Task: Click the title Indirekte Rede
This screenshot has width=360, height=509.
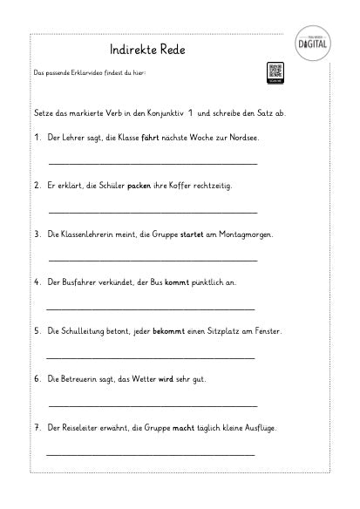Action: click(x=148, y=50)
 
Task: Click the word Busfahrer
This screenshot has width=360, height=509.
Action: click(x=79, y=282)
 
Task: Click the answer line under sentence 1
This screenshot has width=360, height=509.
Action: click(x=153, y=164)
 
